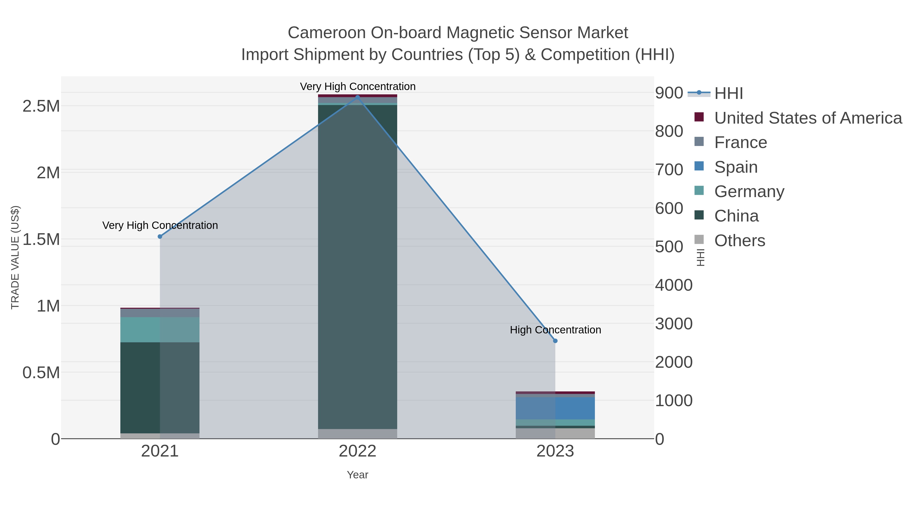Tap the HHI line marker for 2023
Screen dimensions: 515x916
point(555,341)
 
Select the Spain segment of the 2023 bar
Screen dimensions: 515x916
point(555,408)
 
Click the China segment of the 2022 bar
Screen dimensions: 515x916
point(357,267)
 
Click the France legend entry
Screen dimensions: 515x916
point(740,142)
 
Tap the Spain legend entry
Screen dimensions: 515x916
point(736,167)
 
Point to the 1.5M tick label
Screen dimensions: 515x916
point(41,240)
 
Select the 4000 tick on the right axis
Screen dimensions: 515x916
point(674,285)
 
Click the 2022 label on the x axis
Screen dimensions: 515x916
point(357,451)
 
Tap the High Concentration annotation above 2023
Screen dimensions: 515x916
point(555,330)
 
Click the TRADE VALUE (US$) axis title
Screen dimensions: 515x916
point(15,257)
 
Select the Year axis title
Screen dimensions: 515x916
point(357,475)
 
